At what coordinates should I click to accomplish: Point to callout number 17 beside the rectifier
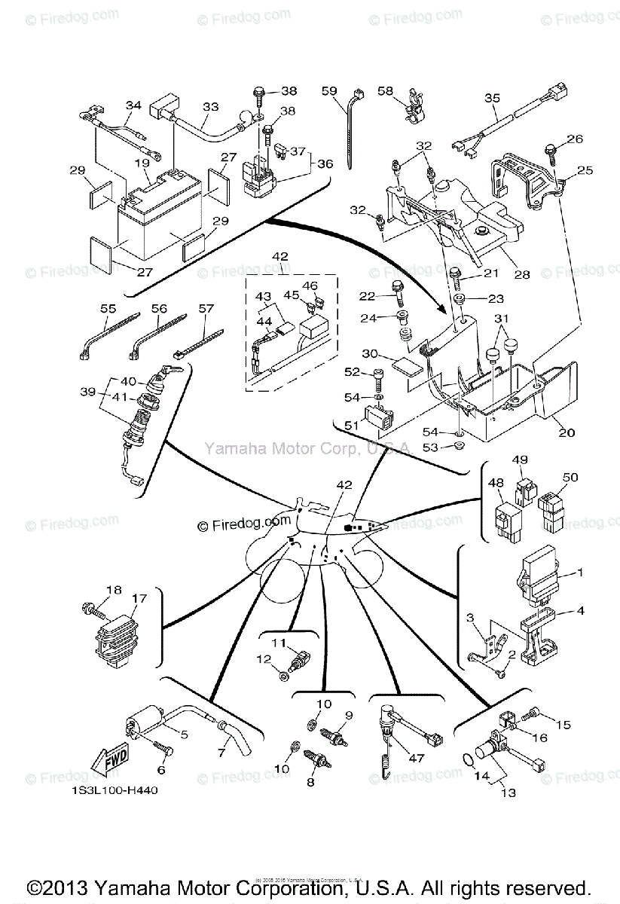coord(139,600)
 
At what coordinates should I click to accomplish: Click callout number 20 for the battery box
coord(567,433)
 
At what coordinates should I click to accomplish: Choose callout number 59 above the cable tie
coord(329,91)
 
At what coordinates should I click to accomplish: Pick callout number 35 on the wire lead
coord(492,98)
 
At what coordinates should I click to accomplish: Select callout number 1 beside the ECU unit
coord(580,573)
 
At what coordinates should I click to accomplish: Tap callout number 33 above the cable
coord(211,107)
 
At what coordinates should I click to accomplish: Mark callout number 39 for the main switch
coord(88,392)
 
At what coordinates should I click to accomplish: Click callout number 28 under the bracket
coord(522,275)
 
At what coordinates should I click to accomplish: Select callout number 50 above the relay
coord(570,478)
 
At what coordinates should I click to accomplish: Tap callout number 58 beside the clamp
coord(386,91)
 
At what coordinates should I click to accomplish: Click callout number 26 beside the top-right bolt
coord(574,139)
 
